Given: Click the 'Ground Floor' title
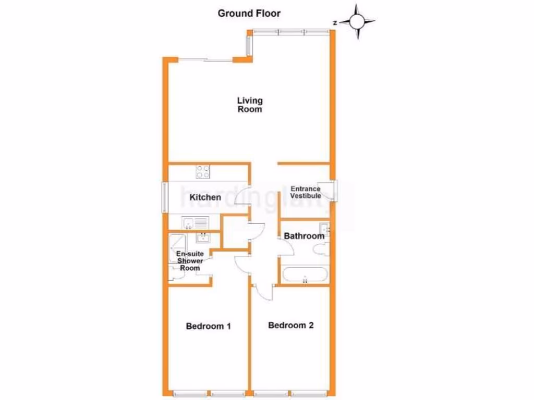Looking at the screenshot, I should tap(249, 14).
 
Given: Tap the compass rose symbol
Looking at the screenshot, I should tap(357, 22).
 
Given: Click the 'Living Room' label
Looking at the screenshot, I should tap(250, 105).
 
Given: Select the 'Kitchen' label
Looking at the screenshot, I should tap(205, 197).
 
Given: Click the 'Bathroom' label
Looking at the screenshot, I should tap(304, 236).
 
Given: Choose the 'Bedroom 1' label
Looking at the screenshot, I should tap(209, 327).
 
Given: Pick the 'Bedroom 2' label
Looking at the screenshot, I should tap(291, 326).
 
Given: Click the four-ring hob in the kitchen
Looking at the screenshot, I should tap(203, 171).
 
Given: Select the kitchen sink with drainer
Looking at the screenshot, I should tap(195, 223).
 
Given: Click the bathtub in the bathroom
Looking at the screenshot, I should tap(305, 275).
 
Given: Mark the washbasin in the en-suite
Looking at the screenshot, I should tap(202, 238).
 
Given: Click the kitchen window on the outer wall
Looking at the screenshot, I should tap(164, 197).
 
